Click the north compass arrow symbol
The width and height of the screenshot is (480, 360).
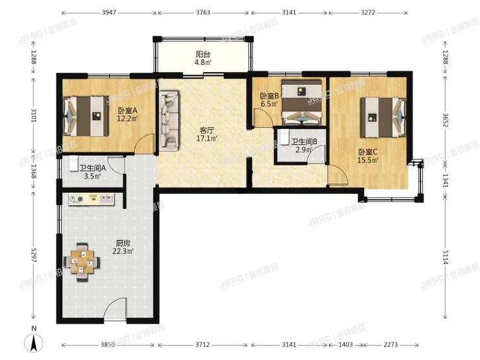(x=34, y=343)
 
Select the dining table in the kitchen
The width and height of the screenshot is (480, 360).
(x=82, y=262)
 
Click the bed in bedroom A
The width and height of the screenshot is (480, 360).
(x=86, y=116)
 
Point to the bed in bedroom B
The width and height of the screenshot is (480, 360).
(x=302, y=102)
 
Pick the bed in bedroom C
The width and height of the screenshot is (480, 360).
(x=383, y=117)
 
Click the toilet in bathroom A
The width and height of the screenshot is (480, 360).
(x=73, y=164)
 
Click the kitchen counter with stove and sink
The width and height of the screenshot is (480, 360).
(x=91, y=199)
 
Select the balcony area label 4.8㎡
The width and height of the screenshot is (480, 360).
(x=203, y=63)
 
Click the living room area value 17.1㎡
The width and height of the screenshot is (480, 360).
(x=207, y=139)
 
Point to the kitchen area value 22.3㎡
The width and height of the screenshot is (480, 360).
(x=123, y=251)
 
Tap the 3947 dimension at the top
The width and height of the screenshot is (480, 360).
(x=109, y=12)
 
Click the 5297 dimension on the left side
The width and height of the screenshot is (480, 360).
(x=33, y=254)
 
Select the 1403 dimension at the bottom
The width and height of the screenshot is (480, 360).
(x=346, y=344)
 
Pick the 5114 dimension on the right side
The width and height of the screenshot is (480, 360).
(x=445, y=257)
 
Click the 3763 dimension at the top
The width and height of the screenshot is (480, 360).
(x=203, y=12)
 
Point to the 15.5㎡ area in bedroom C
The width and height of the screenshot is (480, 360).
(x=368, y=160)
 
